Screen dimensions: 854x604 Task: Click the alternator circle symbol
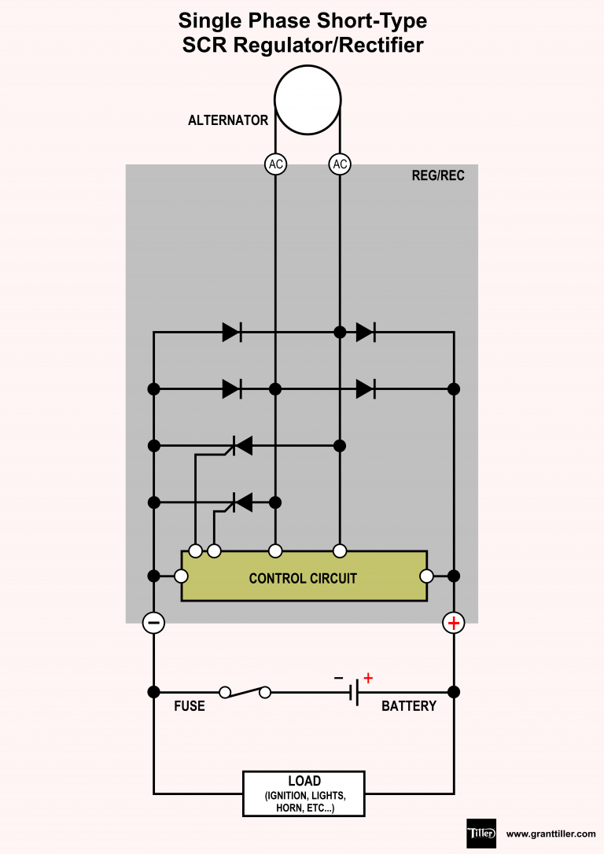coord(308,100)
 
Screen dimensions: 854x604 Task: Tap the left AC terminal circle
coord(275,164)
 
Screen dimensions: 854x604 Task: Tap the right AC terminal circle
coord(340,164)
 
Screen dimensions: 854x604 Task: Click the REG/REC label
coord(438,175)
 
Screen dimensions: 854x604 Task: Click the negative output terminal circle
coord(153,624)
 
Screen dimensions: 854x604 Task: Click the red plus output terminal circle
coord(454,624)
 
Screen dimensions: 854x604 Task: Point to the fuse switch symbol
coord(245,692)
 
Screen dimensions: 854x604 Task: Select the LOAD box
coord(304,793)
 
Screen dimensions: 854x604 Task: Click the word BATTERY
coord(408,706)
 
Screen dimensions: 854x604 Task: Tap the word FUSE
coord(189,706)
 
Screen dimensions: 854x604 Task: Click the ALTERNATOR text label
coord(228,121)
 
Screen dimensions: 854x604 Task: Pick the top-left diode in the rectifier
coord(231,332)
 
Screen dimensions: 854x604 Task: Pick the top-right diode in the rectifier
coord(365,332)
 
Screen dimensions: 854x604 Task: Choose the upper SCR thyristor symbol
coord(241,446)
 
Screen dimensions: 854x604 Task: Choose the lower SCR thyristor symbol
coord(241,501)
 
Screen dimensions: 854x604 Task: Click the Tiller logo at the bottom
coord(481,833)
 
